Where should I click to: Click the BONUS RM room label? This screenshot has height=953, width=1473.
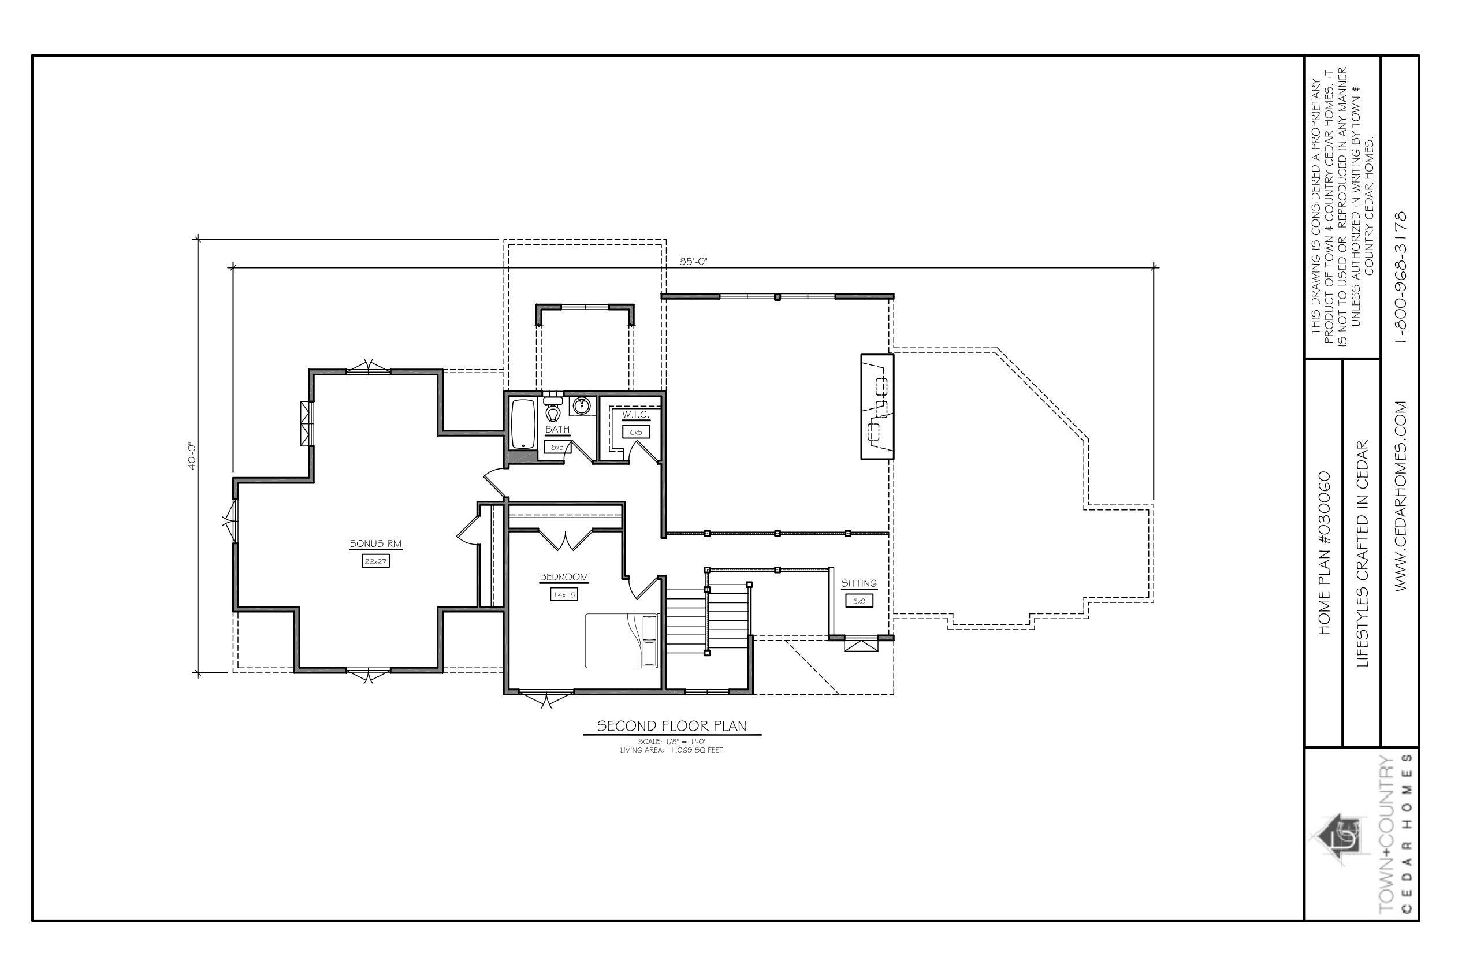click(x=375, y=544)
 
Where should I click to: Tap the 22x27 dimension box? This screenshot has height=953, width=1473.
click(x=375, y=561)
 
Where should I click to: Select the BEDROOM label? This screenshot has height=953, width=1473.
click(x=564, y=578)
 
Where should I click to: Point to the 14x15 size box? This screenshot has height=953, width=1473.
click(x=564, y=595)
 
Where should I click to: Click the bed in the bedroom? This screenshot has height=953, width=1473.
click(x=622, y=641)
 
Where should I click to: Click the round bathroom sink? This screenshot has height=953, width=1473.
click(x=581, y=406)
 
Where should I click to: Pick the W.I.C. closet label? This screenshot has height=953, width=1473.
click(x=635, y=414)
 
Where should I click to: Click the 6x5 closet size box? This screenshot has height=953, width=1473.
click(x=636, y=432)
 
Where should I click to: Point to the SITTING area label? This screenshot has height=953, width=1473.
click(x=859, y=583)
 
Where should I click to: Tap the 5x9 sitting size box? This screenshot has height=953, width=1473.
click(x=859, y=600)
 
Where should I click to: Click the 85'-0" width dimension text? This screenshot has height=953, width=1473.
click(x=693, y=262)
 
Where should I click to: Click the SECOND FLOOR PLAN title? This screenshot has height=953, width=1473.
click(x=671, y=726)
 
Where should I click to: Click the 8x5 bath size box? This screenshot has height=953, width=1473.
click(x=557, y=446)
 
